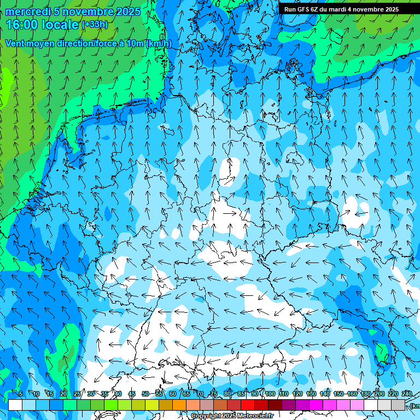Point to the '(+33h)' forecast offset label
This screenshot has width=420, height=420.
tap(95, 25)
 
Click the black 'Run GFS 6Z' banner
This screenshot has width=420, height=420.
tap(341, 9)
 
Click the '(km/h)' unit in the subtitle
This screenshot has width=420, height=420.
tap(159, 43)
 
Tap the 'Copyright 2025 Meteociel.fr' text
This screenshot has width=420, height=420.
tap(232, 416)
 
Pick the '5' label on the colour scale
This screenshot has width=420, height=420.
tap(21, 394)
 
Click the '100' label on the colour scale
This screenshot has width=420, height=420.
tap(270, 394)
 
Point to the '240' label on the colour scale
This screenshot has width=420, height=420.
tap(406, 394)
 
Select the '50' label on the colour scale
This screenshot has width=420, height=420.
tap(145, 394)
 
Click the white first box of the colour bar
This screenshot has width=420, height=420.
tap(15, 405)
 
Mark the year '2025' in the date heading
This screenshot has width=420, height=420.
tap(124, 11)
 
